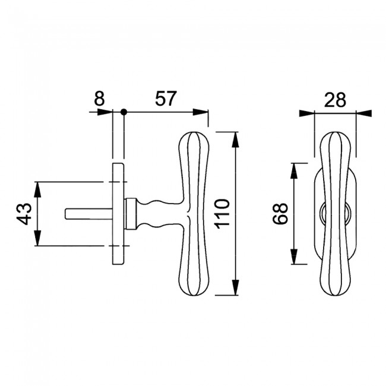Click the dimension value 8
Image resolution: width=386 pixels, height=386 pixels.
point(99,99)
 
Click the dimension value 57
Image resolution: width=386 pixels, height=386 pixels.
point(166,99)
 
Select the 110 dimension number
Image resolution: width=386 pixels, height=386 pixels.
point(223,214)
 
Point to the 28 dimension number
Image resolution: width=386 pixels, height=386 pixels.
point(335,100)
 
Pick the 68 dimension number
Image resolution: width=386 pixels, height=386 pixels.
point(281,214)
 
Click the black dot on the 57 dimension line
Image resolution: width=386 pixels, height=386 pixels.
point(124,112)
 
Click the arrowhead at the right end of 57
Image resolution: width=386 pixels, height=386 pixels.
point(200,112)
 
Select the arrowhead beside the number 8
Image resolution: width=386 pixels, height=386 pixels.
point(105,112)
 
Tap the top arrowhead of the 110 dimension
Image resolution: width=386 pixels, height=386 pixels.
point(236,140)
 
